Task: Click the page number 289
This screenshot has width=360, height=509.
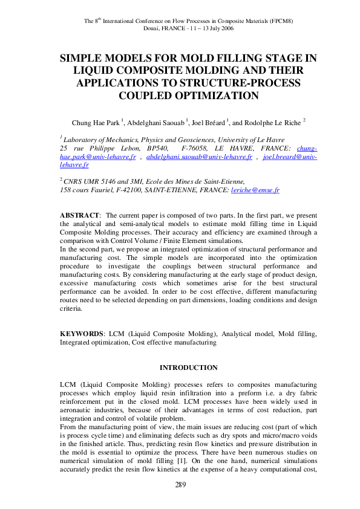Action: tap(180, 484)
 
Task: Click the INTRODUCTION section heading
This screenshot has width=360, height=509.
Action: tap(188, 367)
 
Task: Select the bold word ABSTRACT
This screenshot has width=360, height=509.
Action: tap(79, 215)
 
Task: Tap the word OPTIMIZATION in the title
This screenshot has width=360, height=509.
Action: tap(188, 96)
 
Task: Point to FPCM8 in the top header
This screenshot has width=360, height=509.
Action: tap(264, 22)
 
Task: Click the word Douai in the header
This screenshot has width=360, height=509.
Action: tap(152, 28)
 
